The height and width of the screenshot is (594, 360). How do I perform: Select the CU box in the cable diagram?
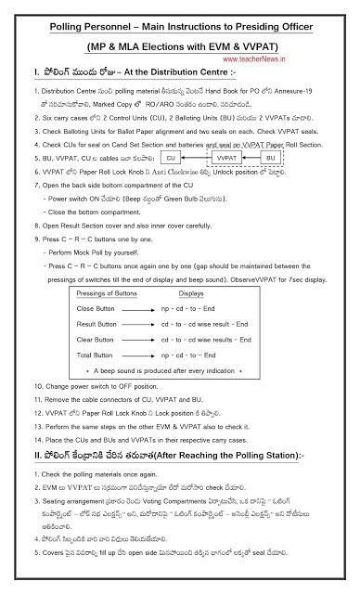click(x=159, y=160)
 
